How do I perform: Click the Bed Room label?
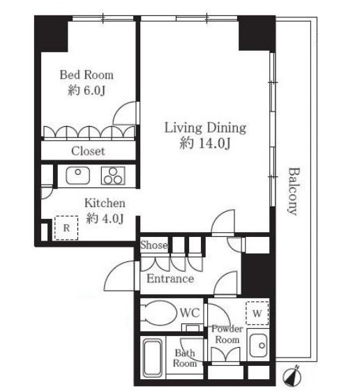click(x=87, y=75)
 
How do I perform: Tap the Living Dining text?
click(x=205, y=128)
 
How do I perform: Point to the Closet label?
click(x=88, y=151)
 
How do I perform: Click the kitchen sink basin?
click(x=78, y=176)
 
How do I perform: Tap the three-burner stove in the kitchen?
click(x=113, y=176)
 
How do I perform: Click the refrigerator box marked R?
click(x=66, y=228)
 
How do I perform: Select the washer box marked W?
click(x=257, y=313)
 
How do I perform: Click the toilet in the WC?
click(x=156, y=313)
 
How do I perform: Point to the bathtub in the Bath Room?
click(x=152, y=358)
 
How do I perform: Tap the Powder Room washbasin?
click(x=259, y=346)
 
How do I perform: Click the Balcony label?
click(x=292, y=191)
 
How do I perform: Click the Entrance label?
click(x=170, y=279)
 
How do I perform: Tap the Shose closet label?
click(x=153, y=245)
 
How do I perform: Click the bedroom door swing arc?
click(x=123, y=109)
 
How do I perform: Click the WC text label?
click(x=190, y=313)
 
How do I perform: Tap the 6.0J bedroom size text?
click(x=87, y=91)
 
